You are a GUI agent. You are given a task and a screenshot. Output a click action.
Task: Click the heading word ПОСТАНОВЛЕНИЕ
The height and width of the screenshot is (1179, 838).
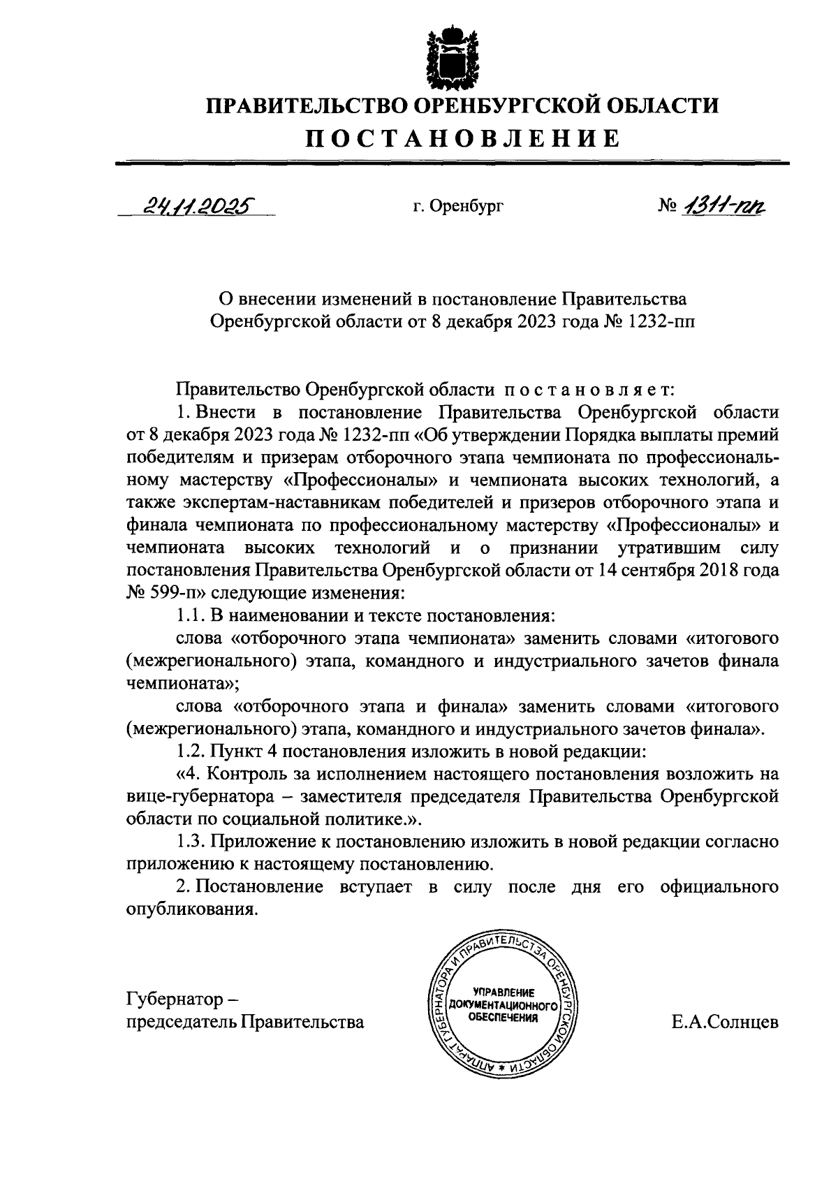[463, 138]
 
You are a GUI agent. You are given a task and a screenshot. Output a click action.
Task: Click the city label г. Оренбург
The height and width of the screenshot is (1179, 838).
[457, 206]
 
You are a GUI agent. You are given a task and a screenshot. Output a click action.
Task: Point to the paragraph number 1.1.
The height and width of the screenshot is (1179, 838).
[189, 616]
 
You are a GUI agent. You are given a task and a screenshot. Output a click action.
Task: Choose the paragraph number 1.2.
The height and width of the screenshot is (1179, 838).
[189, 752]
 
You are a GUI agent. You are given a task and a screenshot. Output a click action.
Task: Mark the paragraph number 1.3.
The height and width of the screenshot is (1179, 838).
[189, 842]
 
